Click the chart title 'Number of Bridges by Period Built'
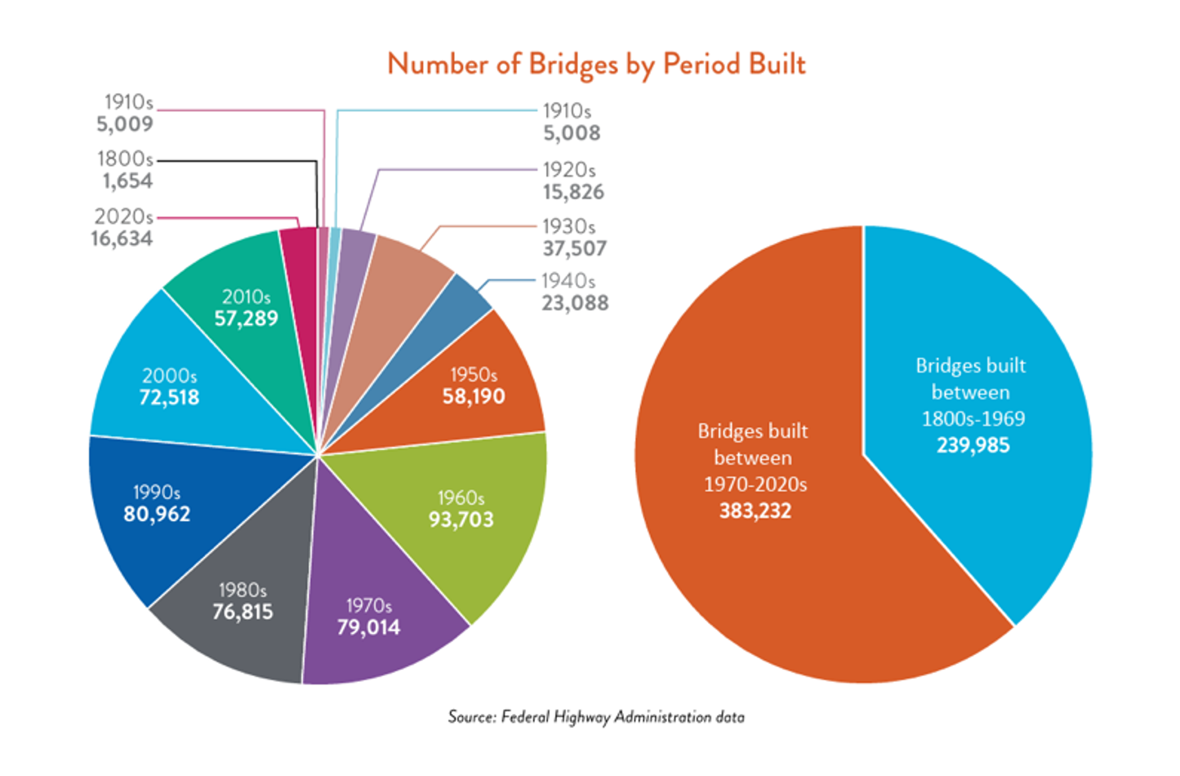[596, 64]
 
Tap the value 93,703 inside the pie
[461, 520]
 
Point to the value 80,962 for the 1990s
[157, 515]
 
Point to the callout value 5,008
[572, 133]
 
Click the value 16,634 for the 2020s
[122, 239]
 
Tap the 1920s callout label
[569, 170]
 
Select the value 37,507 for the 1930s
[575, 248]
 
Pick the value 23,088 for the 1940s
[575, 303]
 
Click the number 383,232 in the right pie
[755, 511]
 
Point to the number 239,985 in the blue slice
[973, 445]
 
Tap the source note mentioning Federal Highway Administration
[596, 717]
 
